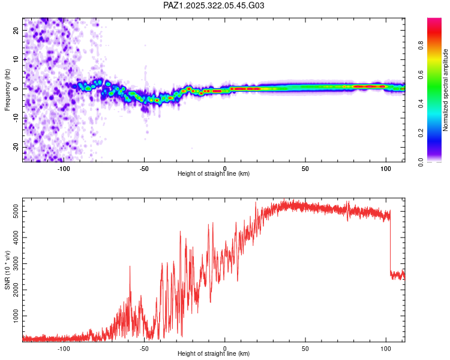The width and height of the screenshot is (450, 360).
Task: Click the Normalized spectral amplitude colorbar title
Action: pos(446,91)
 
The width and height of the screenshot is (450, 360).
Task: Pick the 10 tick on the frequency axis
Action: pos(16,59)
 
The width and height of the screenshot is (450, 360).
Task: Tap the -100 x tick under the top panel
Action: pos(64,168)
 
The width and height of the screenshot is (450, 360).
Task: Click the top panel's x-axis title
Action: pos(214,174)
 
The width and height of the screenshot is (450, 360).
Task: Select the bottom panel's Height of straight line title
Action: pos(214,354)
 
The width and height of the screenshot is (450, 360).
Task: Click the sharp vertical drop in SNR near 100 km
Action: pos(390,246)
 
